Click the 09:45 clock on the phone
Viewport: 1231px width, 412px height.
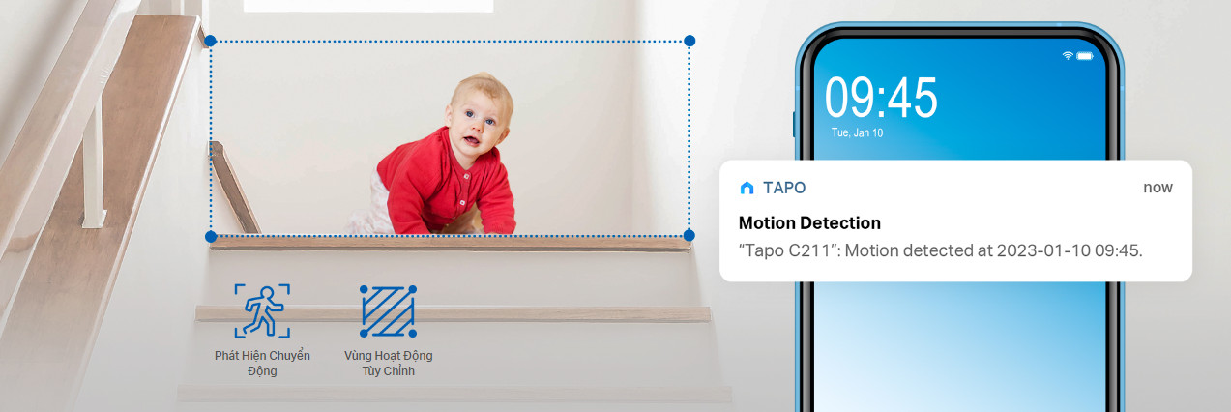(881, 98)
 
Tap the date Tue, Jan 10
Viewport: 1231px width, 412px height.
(857, 132)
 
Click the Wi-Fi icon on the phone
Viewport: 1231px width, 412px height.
(1068, 55)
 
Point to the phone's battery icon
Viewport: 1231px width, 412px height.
(1085, 56)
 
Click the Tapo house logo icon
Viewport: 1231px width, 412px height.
(747, 188)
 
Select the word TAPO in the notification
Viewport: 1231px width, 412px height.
(784, 188)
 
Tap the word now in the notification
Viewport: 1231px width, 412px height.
(1158, 188)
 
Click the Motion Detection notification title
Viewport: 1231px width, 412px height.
(809, 223)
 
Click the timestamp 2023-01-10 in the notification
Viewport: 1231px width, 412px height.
(1043, 250)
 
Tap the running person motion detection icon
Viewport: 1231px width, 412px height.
(262, 310)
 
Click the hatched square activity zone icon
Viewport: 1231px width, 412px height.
(388, 310)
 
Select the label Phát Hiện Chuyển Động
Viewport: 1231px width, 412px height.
(262, 363)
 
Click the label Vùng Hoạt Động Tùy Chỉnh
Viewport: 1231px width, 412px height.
(388, 363)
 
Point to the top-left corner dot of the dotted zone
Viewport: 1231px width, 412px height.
(210, 41)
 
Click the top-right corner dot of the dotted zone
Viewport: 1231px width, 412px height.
(689, 41)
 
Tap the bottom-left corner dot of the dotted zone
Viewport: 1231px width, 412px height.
(211, 237)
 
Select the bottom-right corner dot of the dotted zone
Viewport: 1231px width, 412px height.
(689, 236)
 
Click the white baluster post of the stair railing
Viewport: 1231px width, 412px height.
(94, 164)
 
